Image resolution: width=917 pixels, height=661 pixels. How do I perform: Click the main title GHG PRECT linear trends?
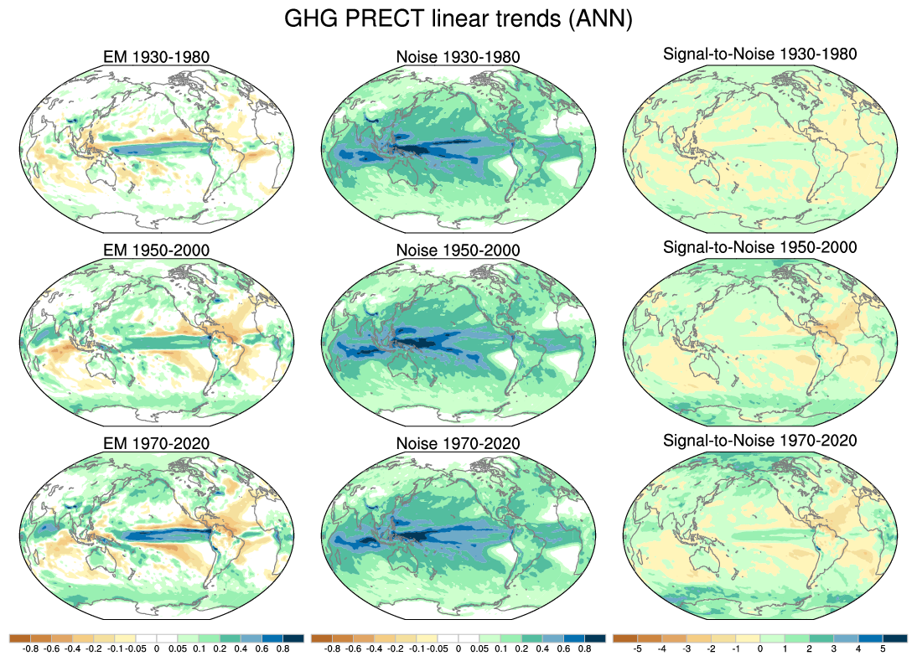[458, 18]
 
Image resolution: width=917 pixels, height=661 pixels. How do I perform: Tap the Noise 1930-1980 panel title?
[458, 58]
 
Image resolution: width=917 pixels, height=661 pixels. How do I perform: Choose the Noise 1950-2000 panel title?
[458, 250]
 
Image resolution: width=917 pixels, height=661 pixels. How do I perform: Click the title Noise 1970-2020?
[458, 443]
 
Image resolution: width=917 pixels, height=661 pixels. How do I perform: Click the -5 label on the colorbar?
[638, 648]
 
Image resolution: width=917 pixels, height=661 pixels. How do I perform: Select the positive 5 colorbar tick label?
[883, 648]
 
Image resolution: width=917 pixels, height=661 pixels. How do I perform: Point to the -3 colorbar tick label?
[687, 648]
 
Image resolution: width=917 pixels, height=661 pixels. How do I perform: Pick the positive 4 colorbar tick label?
[858, 648]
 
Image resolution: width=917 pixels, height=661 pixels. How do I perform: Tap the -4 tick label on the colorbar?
[662, 648]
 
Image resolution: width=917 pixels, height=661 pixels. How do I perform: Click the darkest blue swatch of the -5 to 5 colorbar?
[895, 638]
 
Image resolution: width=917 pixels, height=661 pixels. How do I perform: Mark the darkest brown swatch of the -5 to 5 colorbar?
[625, 638]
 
